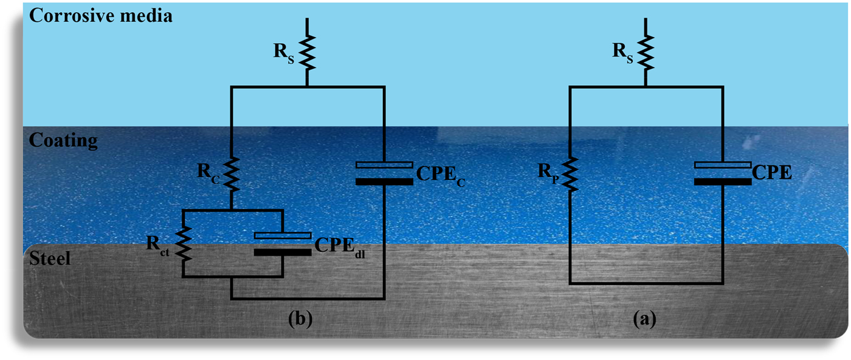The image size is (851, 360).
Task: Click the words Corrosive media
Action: click(x=101, y=15)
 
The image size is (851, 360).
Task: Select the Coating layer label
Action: click(x=63, y=140)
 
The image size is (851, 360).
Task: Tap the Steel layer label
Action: click(x=50, y=258)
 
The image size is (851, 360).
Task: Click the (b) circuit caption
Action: click(x=300, y=319)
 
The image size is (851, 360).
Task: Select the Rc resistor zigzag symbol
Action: click(x=232, y=173)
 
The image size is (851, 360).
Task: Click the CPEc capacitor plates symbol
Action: click(x=385, y=173)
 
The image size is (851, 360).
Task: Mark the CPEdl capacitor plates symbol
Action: click(x=283, y=243)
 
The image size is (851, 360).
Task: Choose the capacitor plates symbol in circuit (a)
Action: click(x=723, y=173)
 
